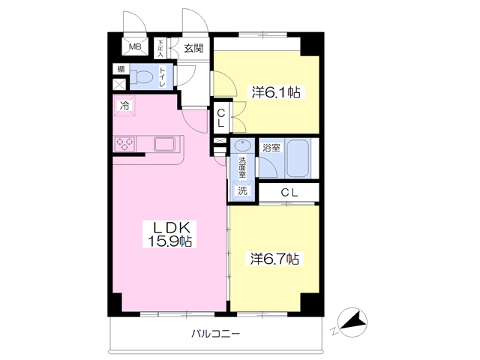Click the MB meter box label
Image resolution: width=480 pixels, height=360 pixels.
pyautogui.click(x=135, y=46)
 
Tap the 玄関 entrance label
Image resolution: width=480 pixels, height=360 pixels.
pyautogui.click(x=193, y=48)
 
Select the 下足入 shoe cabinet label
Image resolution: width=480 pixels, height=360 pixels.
pyautogui.click(x=160, y=48)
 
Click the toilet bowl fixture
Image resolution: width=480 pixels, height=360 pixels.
pyautogui.click(x=141, y=76)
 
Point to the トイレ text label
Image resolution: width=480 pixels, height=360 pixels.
pyautogui.click(x=162, y=76)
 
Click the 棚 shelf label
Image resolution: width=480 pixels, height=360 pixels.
pyautogui.click(x=121, y=70)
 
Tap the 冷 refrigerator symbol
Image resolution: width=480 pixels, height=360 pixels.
pyautogui.click(x=124, y=106)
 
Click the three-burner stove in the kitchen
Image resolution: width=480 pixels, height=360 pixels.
pyautogui.click(x=124, y=144)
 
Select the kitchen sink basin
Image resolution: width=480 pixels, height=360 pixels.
pyautogui.click(x=165, y=144)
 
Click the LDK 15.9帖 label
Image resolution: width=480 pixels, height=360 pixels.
pyautogui.click(x=170, y=235)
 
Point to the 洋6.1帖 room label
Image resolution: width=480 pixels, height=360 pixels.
pyautogui.click(x=276, y=92)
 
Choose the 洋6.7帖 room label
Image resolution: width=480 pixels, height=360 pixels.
pyautogui.click(x=274, y=259)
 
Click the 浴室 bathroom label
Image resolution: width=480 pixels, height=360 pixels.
pyautogui.click(x=271, y=148)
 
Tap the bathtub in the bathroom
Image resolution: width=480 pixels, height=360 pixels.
pyautogui.click(x=298, y=158)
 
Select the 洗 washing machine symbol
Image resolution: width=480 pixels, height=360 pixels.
pyautogui.click(x=242, y=190)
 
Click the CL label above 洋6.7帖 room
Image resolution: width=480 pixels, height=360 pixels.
pyautogui.click(x=289, y=193)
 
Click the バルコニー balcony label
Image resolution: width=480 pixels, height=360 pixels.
pyautogui.click(x=216, y=333)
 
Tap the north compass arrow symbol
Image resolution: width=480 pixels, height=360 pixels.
pyautogui.click(x=353, y=322)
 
